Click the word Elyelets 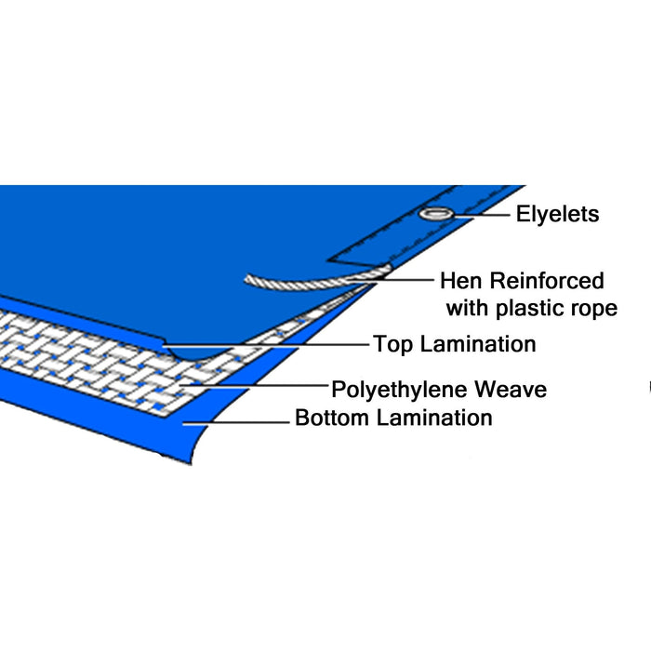pyautogui.click(x=558, y=215)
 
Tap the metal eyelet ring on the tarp pyautogui.click(x=434, y=215)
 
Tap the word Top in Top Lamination pyautogui.click(x=393, y=344)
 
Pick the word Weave pyautogui.click(x=511, y=387)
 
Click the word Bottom pyautogui.click(x=332, y=418)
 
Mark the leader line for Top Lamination pyautogui.click(x=279, y=344)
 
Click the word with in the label pyautogui.click(x=466, y=308)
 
